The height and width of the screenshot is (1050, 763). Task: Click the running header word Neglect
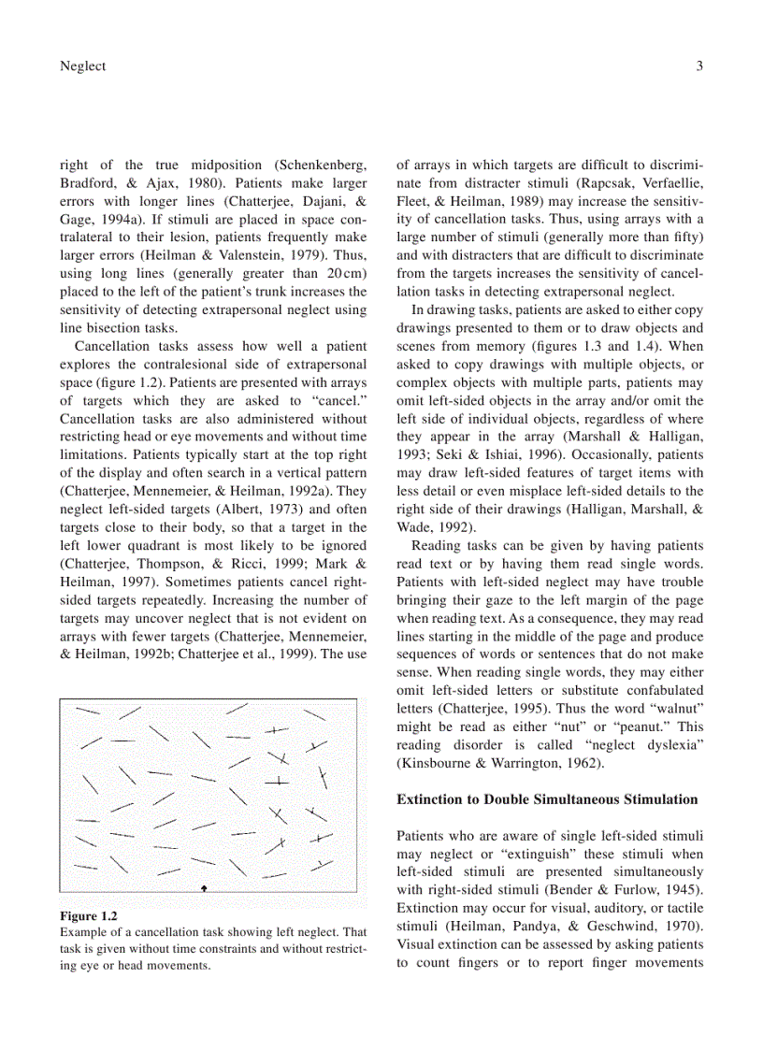click(x=82, y=65)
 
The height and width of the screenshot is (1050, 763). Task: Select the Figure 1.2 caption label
click(x=89, y=915)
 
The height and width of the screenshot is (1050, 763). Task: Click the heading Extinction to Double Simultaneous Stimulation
click(x=547, y=799)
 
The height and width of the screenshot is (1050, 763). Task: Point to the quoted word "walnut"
click(x=671, y=708)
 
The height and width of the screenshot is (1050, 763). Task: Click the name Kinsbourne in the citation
click(x=437, y=763)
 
